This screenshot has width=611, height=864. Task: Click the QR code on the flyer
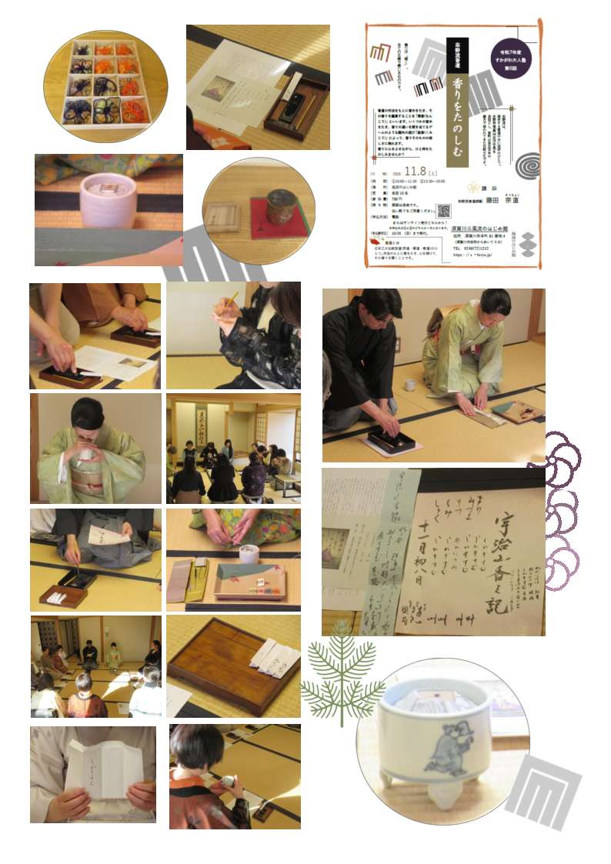click(x=442, y=211)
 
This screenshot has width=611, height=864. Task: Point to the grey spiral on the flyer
click(x=527, y=165)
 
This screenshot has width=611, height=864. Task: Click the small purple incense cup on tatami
click(x=108, y=199)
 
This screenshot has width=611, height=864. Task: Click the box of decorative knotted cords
click(x=105, y=85)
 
